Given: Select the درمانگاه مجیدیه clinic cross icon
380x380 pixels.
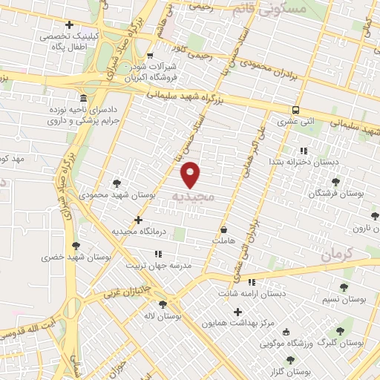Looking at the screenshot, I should tap(139, 220).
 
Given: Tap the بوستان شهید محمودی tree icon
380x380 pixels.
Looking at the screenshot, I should tap(117, 183).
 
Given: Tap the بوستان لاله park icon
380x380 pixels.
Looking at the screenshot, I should tap(163, 304).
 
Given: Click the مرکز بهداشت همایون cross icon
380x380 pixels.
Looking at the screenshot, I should tap(237, 312).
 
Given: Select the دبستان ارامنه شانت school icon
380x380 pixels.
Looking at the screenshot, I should tap(252, 282).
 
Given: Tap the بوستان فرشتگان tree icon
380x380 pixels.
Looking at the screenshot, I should tap(335, 181).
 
